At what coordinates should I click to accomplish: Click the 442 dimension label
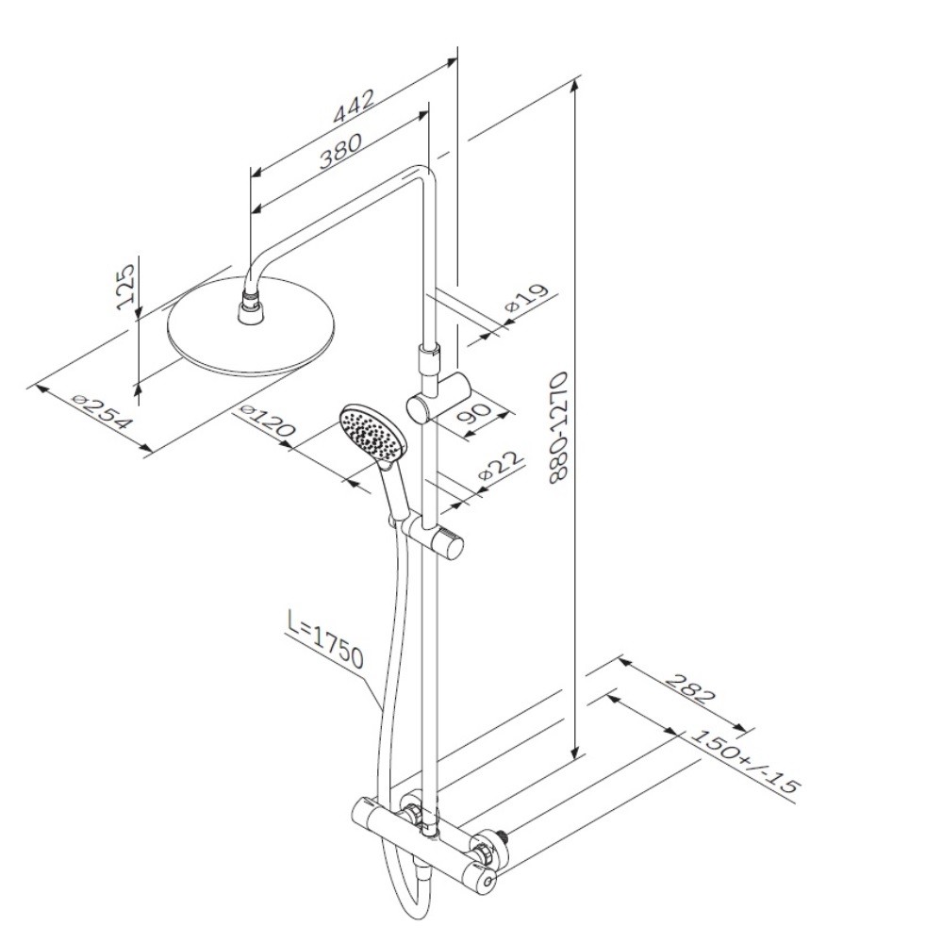tap(355, 106)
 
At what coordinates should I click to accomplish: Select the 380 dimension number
tap(341, 150)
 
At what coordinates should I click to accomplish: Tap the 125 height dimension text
tap(125, 288)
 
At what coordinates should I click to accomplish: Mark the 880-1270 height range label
tap(559, 427)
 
